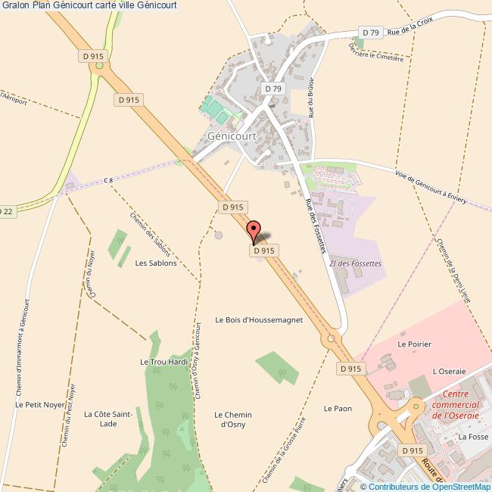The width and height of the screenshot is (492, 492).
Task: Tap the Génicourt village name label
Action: tap(232, 136)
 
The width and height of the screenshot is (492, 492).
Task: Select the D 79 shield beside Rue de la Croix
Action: tap(370, 33)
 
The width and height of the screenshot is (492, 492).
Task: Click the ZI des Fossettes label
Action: tap(356, 263)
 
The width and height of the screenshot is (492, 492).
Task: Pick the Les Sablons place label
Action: tap(156, 263)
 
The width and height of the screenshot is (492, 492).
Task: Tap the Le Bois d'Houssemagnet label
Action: tap(259, 320)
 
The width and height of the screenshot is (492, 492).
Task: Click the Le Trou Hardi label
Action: tap(164, 363)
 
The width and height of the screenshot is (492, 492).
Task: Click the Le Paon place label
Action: tap(338, 409)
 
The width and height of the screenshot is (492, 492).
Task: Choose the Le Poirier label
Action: tap(414, 344)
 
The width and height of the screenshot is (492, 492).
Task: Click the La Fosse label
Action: tap(473, 437)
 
